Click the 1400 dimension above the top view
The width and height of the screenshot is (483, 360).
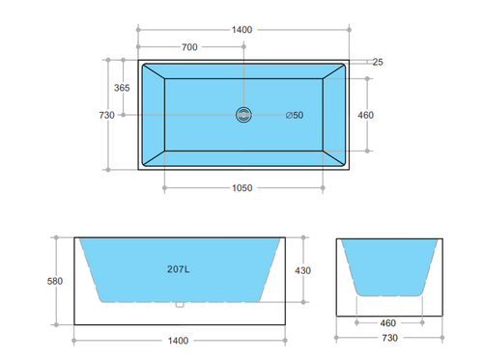coord(241,30)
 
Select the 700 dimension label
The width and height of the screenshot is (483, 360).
coord(191,47)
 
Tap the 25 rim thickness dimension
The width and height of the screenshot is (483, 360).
coord(377,63)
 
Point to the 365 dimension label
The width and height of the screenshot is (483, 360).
coord(122,88)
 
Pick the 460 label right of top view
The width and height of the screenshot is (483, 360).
coord(365,115)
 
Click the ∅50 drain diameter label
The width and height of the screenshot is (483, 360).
coord(294,116)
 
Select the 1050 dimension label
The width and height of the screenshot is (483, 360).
coord(241,188)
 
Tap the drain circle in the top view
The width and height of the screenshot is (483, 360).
coord(241,115)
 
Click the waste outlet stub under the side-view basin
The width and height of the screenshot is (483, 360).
coord(179,306)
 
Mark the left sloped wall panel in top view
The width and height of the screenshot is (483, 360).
coord(154,116)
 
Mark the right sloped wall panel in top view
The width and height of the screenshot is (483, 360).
coord(334,116)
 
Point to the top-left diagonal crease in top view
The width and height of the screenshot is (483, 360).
coord(154,73)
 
